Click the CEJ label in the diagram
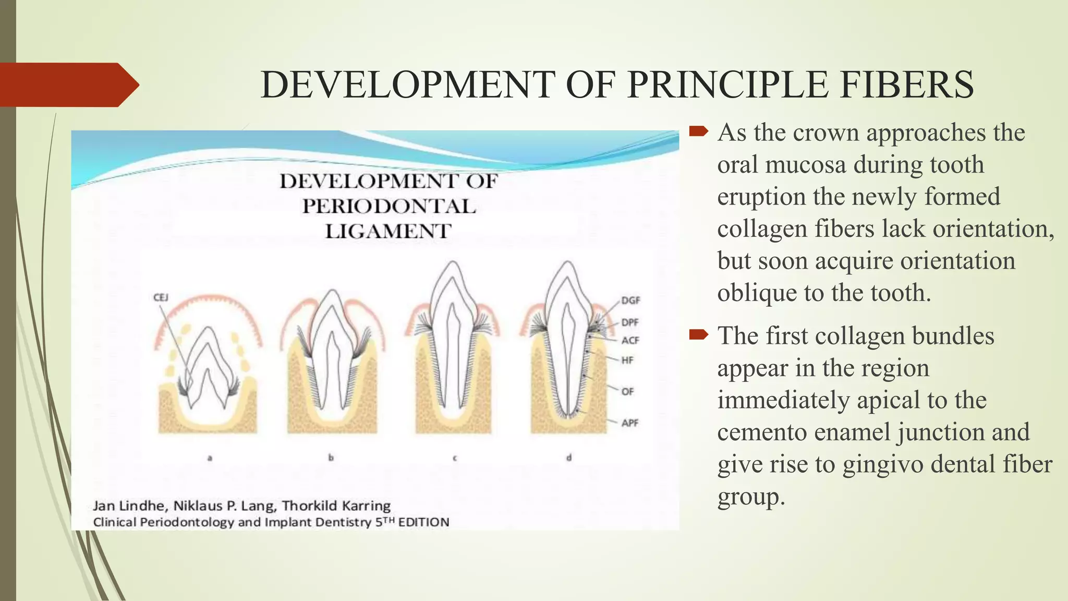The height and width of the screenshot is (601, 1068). (161, 297)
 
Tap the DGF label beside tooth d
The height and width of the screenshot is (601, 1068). (630, 300)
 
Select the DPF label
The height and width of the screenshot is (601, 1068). (630, 322)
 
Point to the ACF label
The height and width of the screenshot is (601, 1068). (630, 340)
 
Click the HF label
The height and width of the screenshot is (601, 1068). (627, 360)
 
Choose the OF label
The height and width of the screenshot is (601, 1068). (627, 391)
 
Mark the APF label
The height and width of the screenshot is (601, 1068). (630, 423)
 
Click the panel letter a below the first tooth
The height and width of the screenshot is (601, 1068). (210, 458)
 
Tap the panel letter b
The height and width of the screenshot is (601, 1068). (331, 458)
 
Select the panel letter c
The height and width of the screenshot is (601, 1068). (455, 458)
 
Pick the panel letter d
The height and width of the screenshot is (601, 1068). (569, 458)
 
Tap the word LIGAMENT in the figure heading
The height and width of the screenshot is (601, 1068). (388, 231)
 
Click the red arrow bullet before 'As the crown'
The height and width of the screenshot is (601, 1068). (698, 131)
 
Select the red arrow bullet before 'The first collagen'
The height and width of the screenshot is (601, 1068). (698, 334)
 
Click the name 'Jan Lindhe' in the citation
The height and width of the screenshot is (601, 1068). (129, 506)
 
